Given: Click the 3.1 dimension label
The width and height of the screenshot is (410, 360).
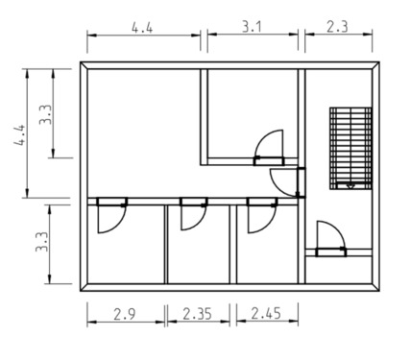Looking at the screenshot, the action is tap(252, 27).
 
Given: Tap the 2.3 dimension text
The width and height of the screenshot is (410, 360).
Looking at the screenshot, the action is tap(337, 27).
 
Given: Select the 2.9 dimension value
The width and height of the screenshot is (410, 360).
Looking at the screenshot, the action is tap(125, 314).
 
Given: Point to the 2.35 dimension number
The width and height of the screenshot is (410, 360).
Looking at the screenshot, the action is tap(197, 314).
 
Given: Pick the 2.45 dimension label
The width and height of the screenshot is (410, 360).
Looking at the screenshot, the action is tap(266, 314).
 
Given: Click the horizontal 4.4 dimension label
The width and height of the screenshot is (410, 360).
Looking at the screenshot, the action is tap(142, 28).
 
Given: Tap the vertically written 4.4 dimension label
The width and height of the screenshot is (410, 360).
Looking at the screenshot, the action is tap(19, 134).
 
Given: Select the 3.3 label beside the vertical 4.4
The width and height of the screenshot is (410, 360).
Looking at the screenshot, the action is tap(45, 114).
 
